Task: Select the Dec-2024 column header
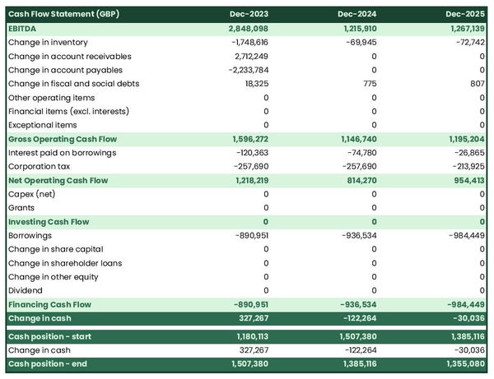(x=357, y=15)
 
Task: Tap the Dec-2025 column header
(x=465, y=15)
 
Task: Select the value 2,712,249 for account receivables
(x=245, y=56)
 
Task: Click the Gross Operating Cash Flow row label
(x=63, y=139)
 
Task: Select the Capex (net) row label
(x=32, y=194)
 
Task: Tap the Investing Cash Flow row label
(x=49, y=222)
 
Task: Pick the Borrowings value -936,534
(x=355, y=235)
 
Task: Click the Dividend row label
(x=26, y=290)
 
